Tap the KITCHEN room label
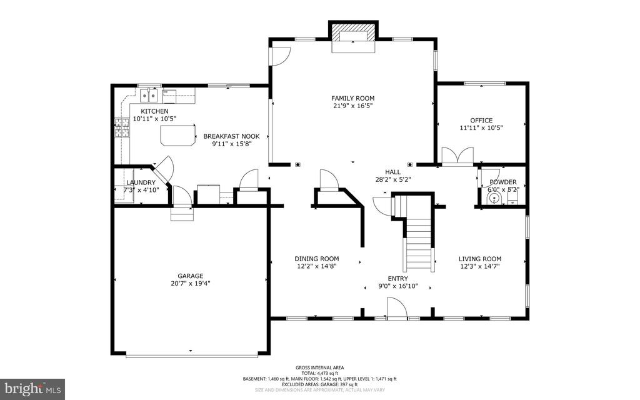coord(154,111)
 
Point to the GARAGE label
coord(190,276)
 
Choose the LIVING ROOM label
coord(480,259)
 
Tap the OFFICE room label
coord(481,121)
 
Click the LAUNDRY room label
coord(141,182)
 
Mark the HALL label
coord(392,171)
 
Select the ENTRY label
coord(397,279)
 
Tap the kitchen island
coord(177,135)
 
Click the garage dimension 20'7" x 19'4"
coord(190,284)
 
